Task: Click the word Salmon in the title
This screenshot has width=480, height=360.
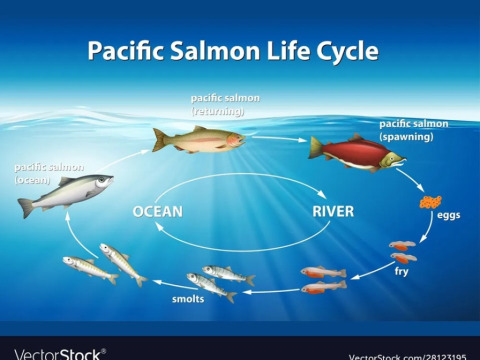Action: click(x=215, y=51)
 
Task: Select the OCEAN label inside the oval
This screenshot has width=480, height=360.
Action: click(x=158, y=212)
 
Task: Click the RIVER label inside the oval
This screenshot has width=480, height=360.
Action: click(x=333, y=212)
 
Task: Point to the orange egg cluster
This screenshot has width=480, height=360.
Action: click(x=431, y=202)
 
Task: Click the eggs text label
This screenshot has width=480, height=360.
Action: click(x=448, y=215)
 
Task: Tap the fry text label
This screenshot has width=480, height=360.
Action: click(x=401, y=271)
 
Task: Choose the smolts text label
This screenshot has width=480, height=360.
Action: click(x=188, y=299)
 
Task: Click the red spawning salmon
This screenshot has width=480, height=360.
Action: click(x=357, y=153)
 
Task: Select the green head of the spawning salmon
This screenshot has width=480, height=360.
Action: click(x=393, y=160)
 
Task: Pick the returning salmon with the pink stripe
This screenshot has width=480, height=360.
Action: click(x=199, y=139)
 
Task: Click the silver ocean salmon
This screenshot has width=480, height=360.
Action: click(x=66, y=193)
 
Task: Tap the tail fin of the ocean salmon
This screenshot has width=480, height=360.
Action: click(x=26, y=207)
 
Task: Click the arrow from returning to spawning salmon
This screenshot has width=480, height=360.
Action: click(x=279, y=138)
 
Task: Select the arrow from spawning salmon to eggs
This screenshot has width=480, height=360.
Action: click(x=410, y=180)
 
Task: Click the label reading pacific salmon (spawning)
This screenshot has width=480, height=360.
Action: click(x=414, y=130)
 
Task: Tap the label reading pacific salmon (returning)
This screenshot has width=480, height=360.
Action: click(x=225, y=104)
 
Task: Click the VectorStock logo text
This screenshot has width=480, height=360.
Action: click(x=60, y=354)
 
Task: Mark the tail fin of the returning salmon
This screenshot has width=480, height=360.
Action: click(x=159, y=140)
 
